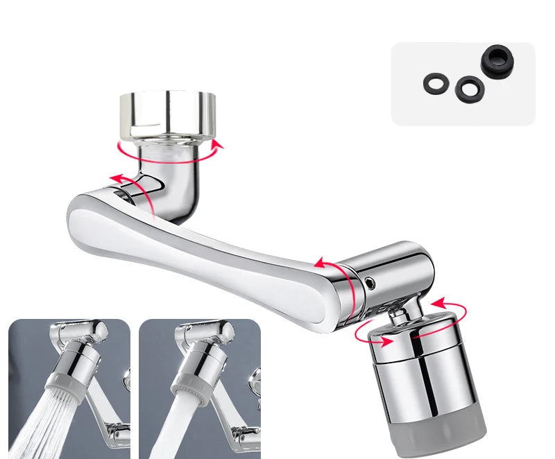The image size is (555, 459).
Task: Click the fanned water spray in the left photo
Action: (x=35, y=423)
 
